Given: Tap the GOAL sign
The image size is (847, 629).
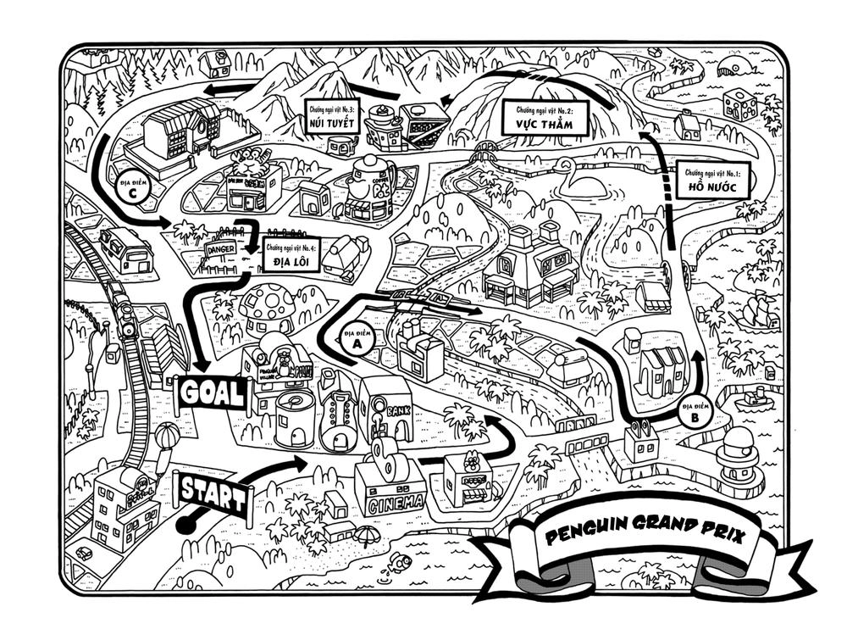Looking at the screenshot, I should click(x=211, y=392).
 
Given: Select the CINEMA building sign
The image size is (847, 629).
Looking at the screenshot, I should click(x=395, y=502).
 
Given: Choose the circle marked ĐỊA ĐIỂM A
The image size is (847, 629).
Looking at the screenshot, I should click(x=357, y=340).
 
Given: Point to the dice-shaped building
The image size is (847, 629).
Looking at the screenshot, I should click(x=739, y=105).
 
